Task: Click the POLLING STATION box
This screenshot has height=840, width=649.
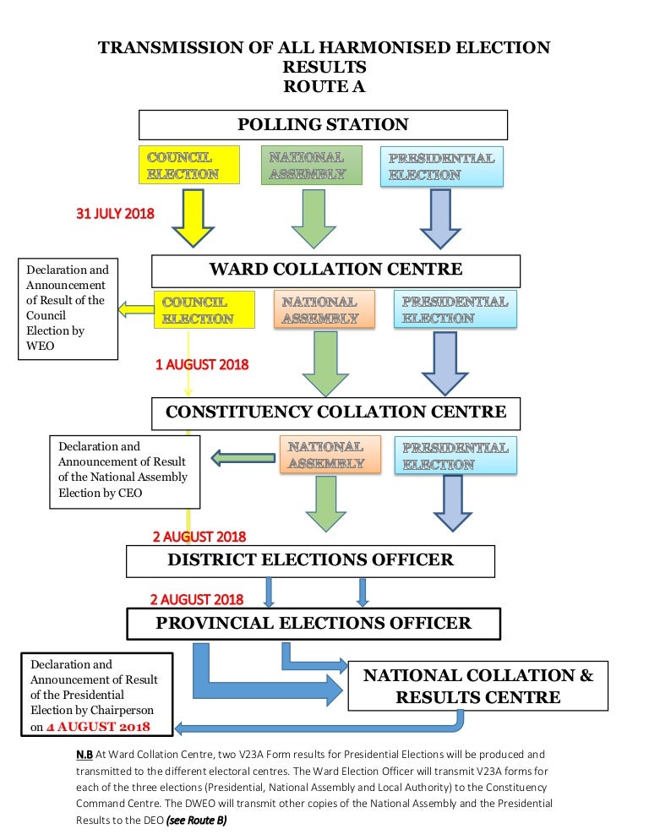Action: [323, 125]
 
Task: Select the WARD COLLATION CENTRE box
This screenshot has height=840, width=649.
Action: [335, 271]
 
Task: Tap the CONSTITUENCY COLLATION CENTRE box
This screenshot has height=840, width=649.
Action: [335, 413]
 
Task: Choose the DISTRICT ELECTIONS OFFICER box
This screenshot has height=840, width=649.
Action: [310, 561]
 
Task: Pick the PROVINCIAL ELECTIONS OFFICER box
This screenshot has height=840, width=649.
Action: [314, 624]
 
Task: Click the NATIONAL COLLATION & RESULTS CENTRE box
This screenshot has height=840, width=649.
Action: [478, 685]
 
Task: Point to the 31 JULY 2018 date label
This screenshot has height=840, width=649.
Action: [115, 214]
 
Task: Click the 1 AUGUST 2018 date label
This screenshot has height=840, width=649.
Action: [202, 365]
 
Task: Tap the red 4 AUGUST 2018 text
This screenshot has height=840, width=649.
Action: [98, 727]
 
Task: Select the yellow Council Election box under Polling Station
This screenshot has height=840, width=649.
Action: [189, 165]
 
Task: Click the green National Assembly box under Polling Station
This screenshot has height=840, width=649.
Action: [311, 165]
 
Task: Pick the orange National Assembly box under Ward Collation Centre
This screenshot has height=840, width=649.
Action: [324, 309]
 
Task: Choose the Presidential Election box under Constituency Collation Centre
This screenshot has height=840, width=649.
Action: [455, 455]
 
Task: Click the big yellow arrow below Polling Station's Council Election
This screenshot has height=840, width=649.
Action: [193, 218]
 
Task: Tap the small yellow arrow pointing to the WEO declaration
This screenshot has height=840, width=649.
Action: [135, 309]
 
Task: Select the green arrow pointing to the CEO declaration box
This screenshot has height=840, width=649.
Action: [243, 458]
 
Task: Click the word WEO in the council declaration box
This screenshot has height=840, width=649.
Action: [41, 346]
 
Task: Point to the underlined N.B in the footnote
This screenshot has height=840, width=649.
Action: [85, 755]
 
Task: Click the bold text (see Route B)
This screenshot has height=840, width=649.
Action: [196, 821]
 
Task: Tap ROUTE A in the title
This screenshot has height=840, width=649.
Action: [324, 86]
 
